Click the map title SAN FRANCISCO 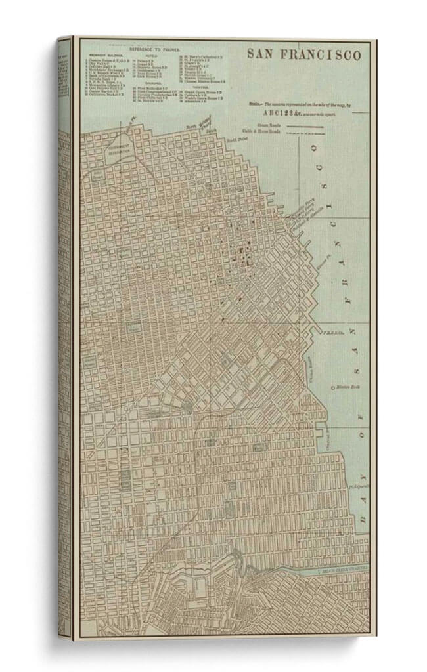click(x=303, y=54)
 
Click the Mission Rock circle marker click(x=333, y=388)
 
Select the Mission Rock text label click(x=346, y=388)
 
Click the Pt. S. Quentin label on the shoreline click(x=359, y=487)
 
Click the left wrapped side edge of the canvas click(x=64, y=328)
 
